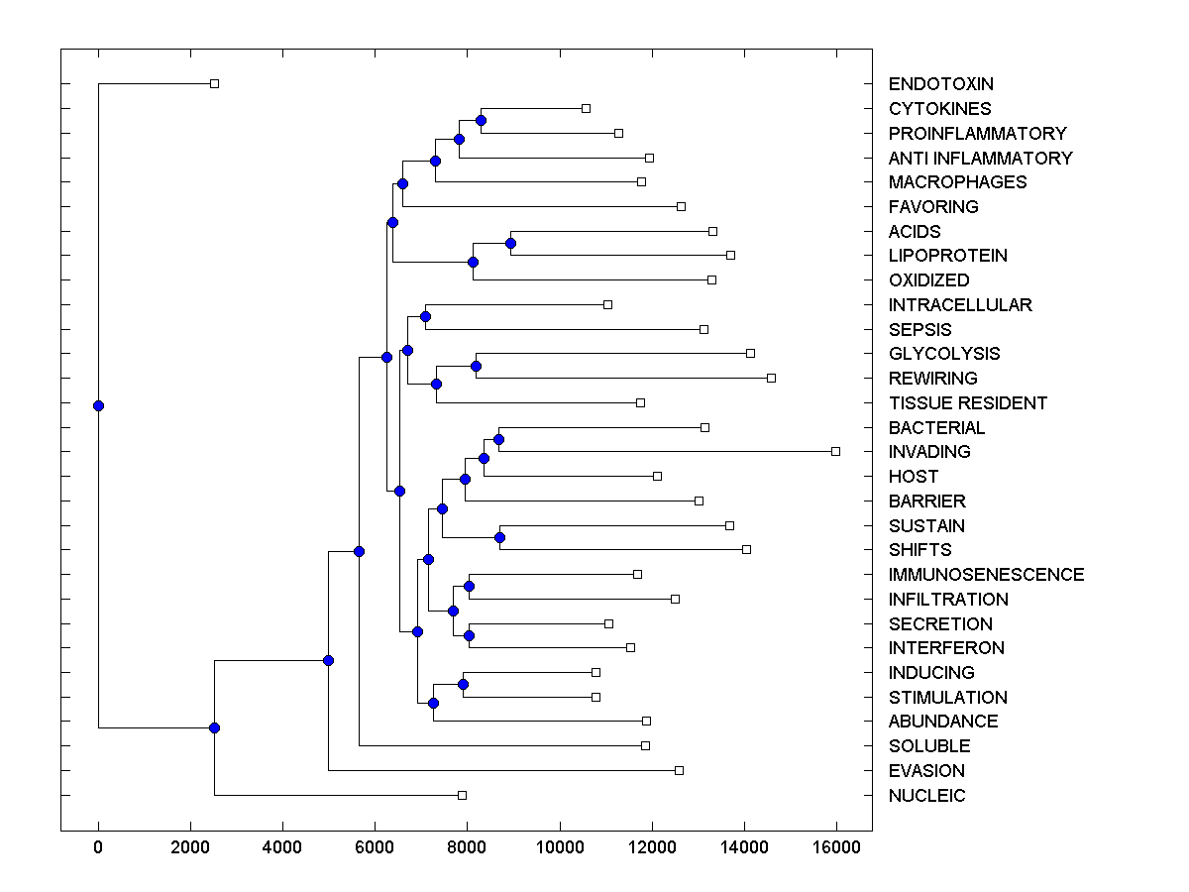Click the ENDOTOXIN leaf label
click(x=940, y=84)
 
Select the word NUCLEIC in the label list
click(x=926, y=796)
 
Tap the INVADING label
click(x=929, y=452)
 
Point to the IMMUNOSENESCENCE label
click(x=986, y=575)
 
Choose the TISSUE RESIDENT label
click(x=967, y=403)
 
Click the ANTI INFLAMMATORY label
click(x=980, y=159)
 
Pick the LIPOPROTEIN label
click(x=947, y=256)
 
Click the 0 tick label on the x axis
click(x=98, y=847)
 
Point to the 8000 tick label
click(x=468, y=847)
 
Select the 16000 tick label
click(x=836, y=847)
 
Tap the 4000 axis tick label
click(x=282, y=847)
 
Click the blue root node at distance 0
click(x=98, y=405)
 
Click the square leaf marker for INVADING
click(x=835, y=451)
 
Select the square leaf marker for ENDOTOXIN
click(x=214, y=83)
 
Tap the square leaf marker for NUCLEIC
click(x=462, y=795)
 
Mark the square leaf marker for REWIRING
click(x=772, y=378)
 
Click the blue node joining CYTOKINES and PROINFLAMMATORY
click(x=481, y=121)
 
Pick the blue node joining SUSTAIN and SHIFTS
click(x=499, y=537)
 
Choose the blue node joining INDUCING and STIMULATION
click(x=463, y=684)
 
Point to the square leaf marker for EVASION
click(x=679, y=770)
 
